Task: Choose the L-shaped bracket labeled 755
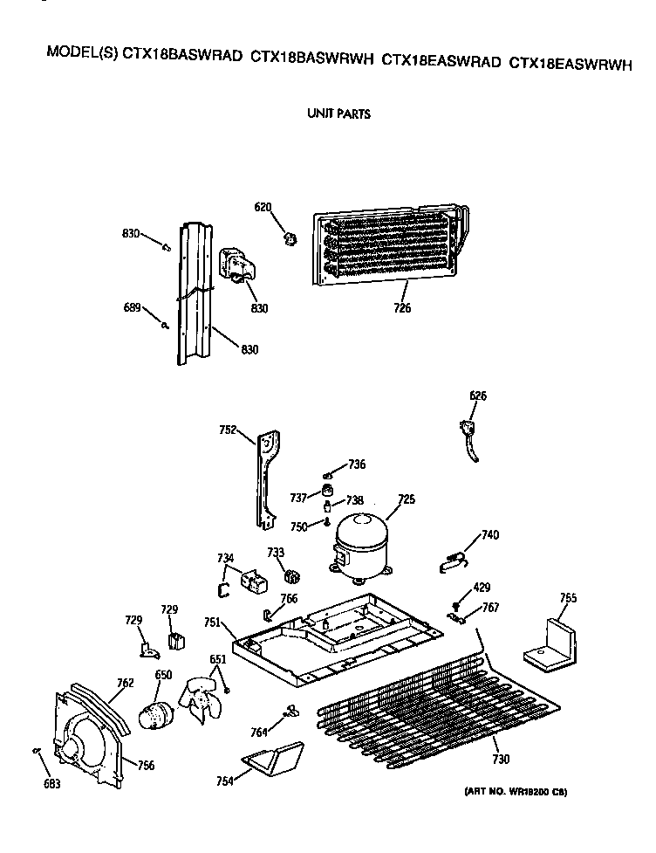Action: pyautogui.click(x=550, y=647)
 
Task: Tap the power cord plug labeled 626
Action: pyautogui.click(x=472, y=436)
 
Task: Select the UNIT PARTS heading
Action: pyautogui.click(x=338, y=114)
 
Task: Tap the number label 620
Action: pyautogui.click(x=263, y=207)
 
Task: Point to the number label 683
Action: pyautogui.click(x=52, y=784)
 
